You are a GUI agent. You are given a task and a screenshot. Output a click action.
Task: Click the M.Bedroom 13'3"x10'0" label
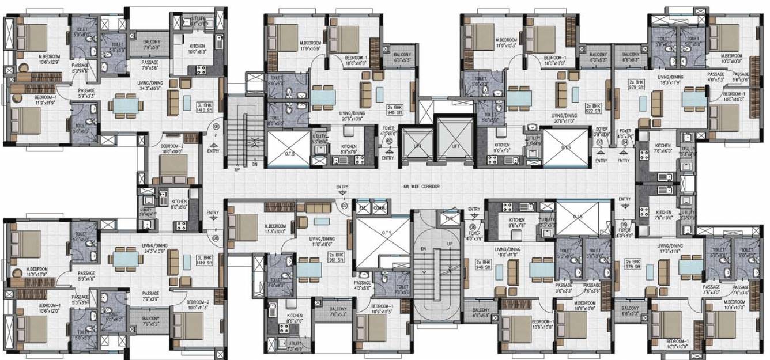(x=275, y=229)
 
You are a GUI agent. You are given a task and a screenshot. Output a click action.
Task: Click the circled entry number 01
(x=216, y=126)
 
